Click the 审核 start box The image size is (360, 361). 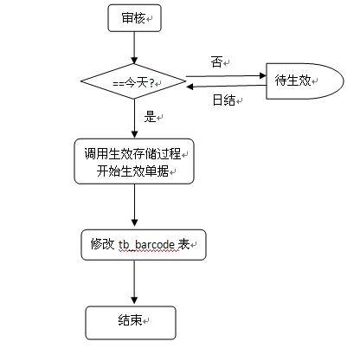(x=134, y=18)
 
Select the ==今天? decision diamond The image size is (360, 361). (x=133, y=81)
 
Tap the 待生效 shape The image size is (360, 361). (x=305, y=81)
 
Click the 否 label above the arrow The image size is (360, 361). (x=216, y=62)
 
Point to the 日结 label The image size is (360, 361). (x=224, y=100)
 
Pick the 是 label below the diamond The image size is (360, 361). (x=150, y=117)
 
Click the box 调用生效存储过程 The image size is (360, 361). (x=134, y=161)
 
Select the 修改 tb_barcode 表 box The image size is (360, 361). (x=144, y=245)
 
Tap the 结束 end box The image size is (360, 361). (x=131, y=323)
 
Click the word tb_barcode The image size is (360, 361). (x=146, y=245)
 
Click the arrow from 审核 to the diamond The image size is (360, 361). (x=134, y=48)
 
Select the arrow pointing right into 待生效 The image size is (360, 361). (x=226, y=76)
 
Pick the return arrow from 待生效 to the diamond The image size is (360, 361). (x=226, y=86)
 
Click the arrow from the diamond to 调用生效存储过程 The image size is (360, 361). (x=134, y=119)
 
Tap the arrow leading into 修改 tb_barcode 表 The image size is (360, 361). (x=134, y=205)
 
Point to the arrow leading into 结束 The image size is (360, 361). (x=134, y=282)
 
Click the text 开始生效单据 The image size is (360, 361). (x=132, y=171)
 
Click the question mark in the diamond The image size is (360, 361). (x=151, y=83)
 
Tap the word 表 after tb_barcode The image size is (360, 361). (x=183, y=244)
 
